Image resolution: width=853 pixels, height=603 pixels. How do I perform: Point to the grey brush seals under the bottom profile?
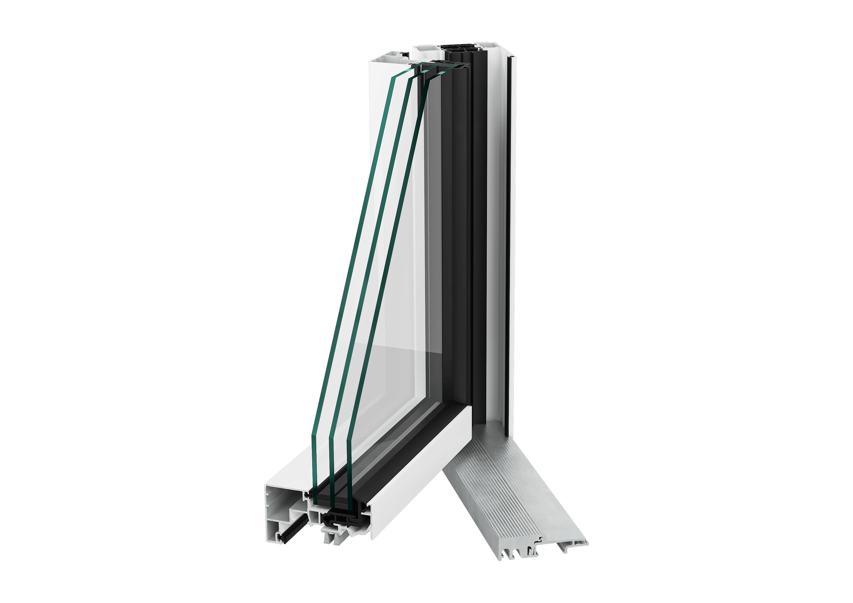(x=335, y=537)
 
